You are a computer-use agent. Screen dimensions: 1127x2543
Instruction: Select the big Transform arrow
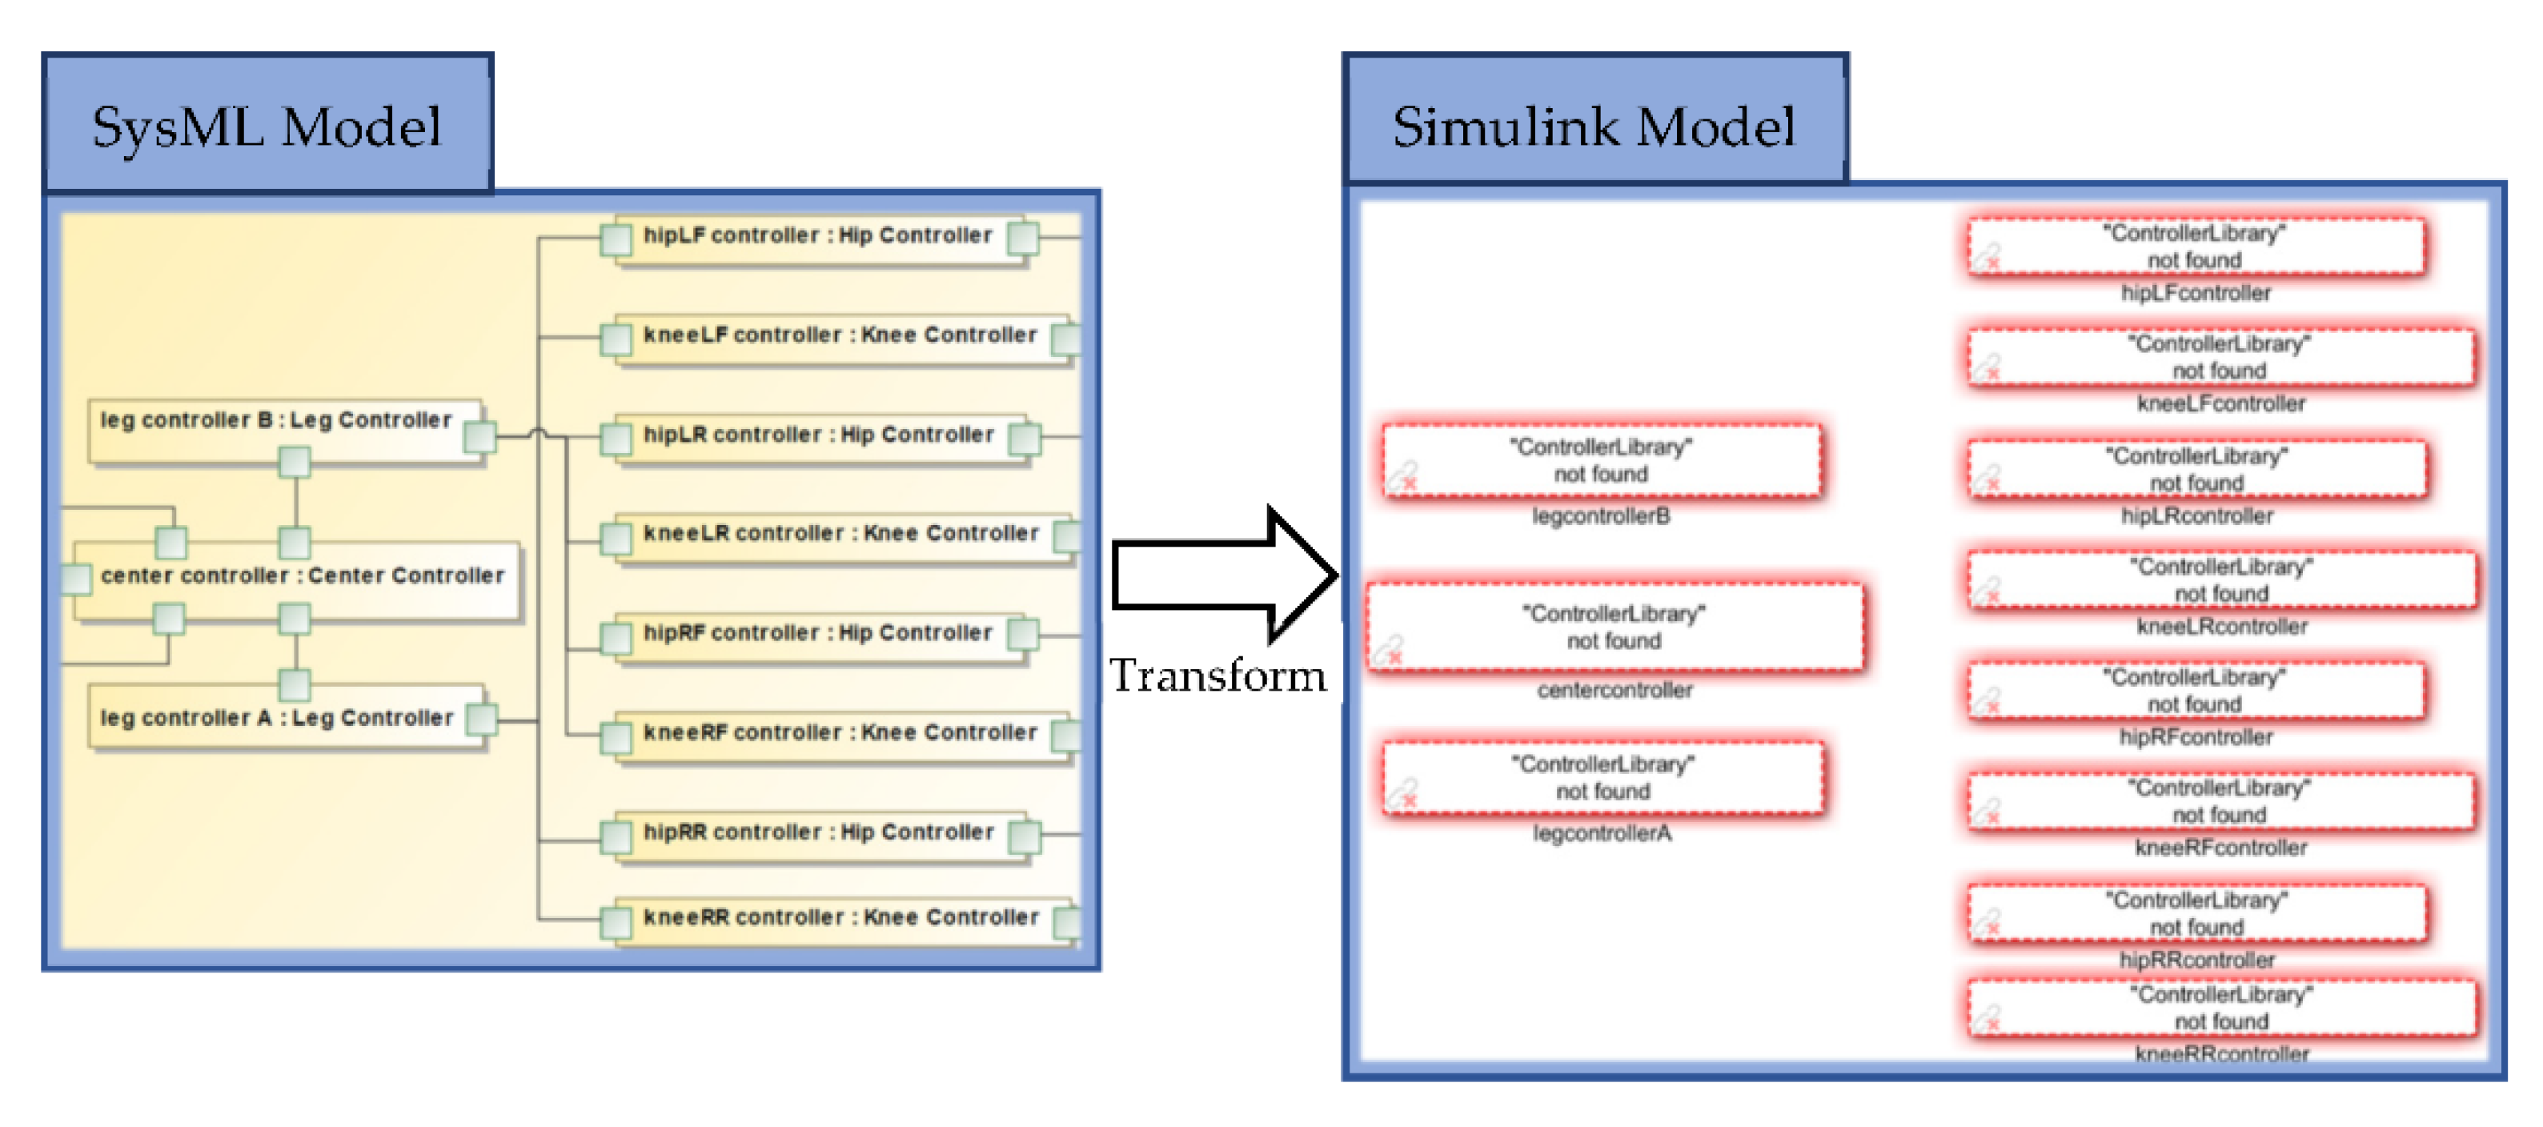click(1224, 576)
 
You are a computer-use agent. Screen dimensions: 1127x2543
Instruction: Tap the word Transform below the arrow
click(1217, 676)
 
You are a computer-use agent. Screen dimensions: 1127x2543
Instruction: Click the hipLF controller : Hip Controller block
click(817, 237)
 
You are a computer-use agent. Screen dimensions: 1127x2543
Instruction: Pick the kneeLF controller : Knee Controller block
click(839, 336)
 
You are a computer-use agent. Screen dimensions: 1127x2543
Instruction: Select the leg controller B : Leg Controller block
click(276, 423)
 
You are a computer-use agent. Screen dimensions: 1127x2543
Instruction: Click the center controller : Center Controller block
click(302, 577)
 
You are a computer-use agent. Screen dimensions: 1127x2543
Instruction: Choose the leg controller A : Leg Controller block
click(276, 720)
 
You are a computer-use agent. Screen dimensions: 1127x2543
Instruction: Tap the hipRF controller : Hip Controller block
click(817, 635)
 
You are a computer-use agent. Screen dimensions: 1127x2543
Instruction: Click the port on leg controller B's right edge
click(479, 436)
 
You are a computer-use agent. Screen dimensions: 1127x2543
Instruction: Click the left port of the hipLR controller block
click(616, 438)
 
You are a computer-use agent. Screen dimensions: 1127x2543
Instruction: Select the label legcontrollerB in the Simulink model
click(1600, 516)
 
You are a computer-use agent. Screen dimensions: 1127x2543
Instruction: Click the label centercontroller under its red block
click(1614, 690)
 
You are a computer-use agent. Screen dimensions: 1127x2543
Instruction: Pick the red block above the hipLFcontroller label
click(2196, 247)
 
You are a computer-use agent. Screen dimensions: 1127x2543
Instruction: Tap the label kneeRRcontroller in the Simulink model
click(2221, 1054)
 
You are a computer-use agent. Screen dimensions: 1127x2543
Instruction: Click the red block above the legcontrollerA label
click(1602, 778)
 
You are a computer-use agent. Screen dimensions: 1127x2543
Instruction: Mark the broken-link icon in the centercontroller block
click(1390, 650)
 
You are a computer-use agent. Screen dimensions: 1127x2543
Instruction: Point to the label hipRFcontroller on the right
click(2196, 737)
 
